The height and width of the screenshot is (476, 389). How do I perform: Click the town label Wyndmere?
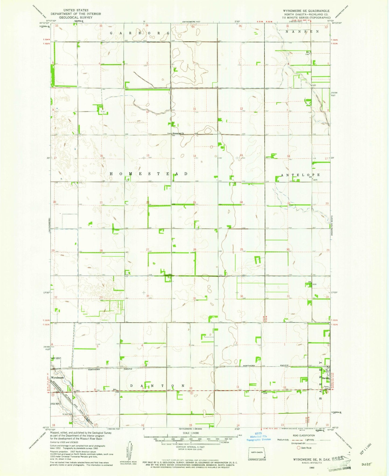57,378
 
